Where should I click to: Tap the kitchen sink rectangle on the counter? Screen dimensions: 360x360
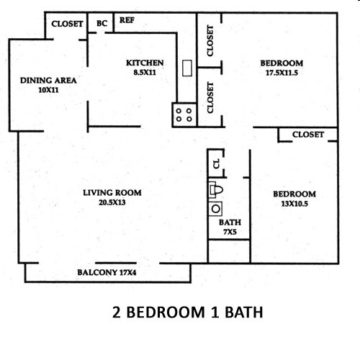186,68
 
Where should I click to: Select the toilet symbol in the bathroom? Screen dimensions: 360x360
215,191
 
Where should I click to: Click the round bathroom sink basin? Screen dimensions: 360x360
215,210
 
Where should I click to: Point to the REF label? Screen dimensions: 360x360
127,21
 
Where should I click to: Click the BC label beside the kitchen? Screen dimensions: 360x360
102,23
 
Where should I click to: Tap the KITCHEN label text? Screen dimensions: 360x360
145,63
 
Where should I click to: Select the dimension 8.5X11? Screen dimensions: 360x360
145,72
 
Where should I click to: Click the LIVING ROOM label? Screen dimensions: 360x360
112,192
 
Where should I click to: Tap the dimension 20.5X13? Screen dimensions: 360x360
112,202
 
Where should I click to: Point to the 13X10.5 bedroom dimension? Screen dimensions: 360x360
294,204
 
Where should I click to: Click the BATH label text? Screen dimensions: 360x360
230,222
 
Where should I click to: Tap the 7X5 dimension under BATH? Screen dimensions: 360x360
230,232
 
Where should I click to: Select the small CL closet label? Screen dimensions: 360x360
215,163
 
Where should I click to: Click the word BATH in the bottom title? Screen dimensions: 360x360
241,312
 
